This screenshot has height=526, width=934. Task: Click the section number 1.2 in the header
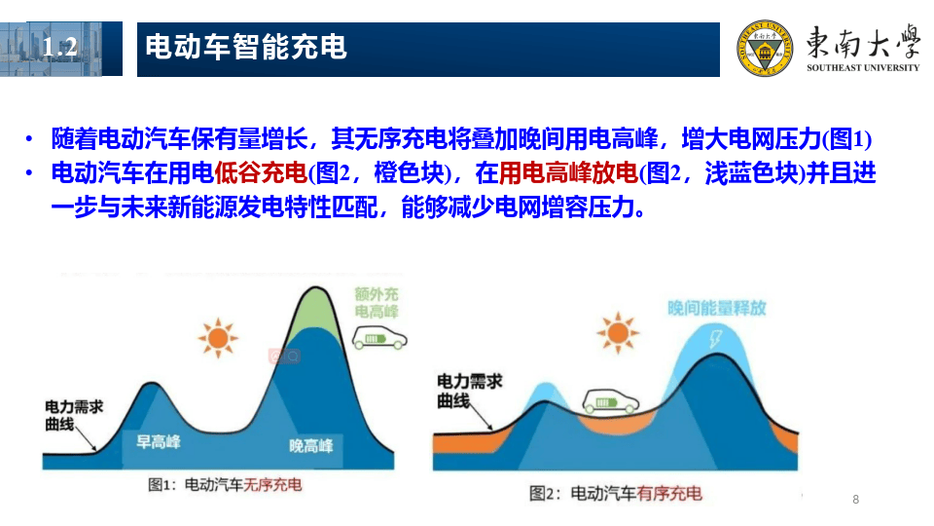(60, 47)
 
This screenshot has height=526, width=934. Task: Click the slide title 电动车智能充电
(246, 47)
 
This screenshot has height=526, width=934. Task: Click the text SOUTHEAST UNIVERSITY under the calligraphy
(862, 68)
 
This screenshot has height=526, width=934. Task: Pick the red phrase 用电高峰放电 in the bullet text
(569, 174)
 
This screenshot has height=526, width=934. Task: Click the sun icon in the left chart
(217, 338)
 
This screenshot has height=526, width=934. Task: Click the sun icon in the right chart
(618, 333)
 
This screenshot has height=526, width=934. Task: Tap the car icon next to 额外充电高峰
(378, 340)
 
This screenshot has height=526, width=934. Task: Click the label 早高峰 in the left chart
(159, 441)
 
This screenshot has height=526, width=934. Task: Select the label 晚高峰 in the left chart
(311, 445)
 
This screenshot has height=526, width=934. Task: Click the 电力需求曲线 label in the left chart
(73, 416)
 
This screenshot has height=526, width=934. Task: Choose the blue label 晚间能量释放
(716, 308)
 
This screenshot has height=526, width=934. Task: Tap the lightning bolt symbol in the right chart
(718, 341)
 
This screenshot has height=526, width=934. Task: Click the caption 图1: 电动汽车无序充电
(225, 484)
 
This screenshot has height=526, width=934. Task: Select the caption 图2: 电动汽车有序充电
(615, 494)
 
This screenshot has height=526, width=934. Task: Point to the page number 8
(855, 500)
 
